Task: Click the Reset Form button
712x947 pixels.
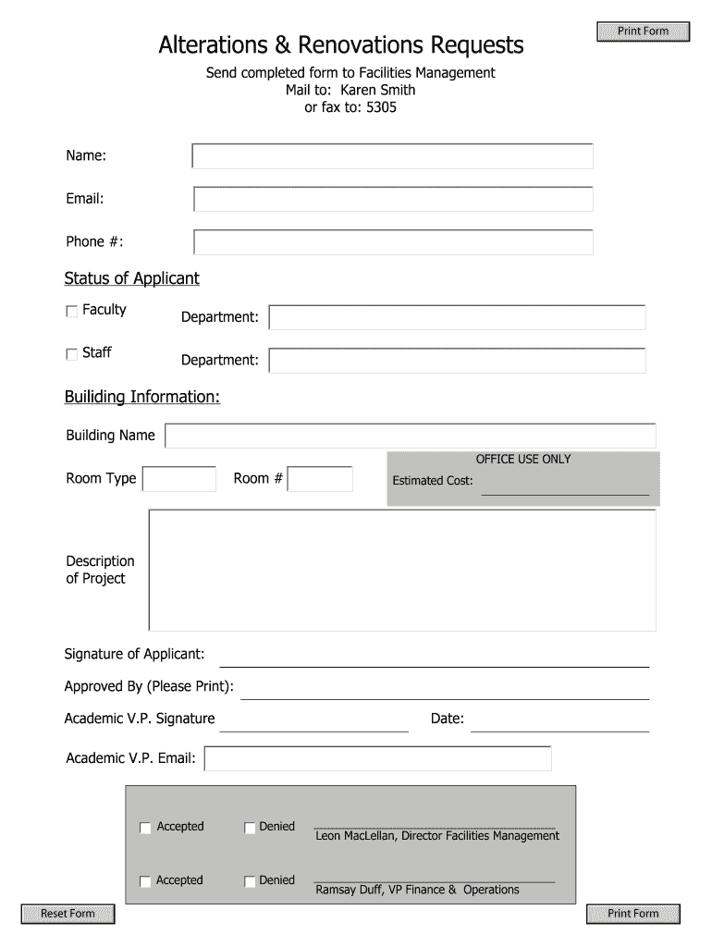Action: (x=68, y=914)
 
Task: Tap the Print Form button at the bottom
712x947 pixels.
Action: (x=633, y=914)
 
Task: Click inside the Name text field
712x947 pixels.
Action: (x=392, y=156)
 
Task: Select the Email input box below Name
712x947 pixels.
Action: (x=392, y=199)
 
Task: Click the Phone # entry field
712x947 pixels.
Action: (x=392, y=242)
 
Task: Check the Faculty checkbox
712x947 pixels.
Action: (x=72, y=312)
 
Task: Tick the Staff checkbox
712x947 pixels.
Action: (x=72, y=354)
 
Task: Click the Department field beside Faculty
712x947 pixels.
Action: (x=457, y=317)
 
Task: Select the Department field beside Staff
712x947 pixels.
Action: (x=457, y=360)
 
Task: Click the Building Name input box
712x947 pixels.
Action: (x=410, y=436)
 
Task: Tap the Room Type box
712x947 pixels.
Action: (x=178, y=479)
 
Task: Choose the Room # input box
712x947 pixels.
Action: (x=321, y=479)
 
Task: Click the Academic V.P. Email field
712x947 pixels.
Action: (x=377, y=758)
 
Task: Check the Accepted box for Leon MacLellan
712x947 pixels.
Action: (x=145, y=828)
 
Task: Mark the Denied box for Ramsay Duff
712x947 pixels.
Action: (x=250, y=881)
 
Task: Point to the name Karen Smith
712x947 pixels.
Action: (x=378, y=90)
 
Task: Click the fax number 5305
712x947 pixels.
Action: (x=382, y=107)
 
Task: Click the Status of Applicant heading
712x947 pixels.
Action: (x=131, y=278)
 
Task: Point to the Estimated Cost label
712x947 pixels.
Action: (x=433, y=481)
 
